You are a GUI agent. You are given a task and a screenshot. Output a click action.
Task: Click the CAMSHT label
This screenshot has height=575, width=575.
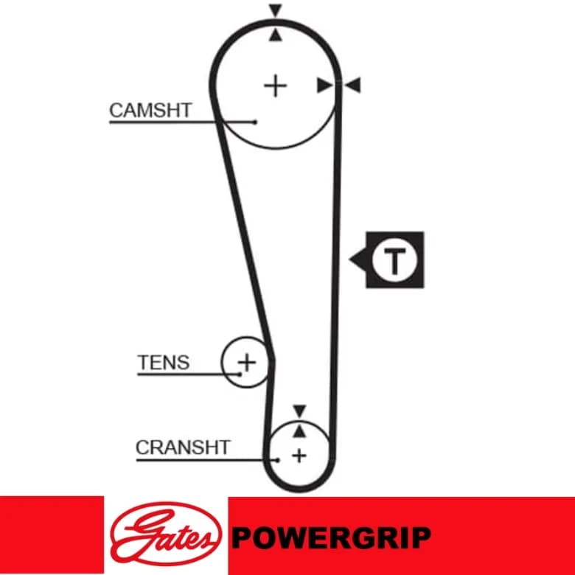(150, 110)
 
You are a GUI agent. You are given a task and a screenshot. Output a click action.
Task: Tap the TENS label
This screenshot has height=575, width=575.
(164, 363)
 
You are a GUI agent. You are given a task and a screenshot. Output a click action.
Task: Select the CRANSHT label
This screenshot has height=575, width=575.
(183, 447)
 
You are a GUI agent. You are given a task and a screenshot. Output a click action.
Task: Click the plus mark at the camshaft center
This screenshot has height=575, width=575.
(276, 86)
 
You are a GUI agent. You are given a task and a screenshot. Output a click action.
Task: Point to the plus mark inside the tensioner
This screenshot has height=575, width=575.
(247, 363)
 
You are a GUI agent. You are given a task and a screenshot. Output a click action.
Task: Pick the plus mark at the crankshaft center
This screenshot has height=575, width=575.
(299, 456)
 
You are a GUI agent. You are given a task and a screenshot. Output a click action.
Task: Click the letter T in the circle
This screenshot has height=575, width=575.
(394, 261)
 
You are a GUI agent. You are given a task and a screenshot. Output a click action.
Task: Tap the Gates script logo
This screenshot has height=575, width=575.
(166, 534)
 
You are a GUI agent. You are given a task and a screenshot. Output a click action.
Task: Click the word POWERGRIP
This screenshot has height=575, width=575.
(331, 537)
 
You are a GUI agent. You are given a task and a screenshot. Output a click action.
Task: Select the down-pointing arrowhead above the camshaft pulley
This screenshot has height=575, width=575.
(276, 10)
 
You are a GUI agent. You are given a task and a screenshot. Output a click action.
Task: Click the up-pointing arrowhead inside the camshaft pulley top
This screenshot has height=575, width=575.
(276, 35)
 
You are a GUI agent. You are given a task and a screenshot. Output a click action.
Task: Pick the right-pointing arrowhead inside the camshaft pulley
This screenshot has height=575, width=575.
(324, 85)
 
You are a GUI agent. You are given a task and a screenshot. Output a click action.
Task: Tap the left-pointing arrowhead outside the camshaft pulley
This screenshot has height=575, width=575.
(354, 85)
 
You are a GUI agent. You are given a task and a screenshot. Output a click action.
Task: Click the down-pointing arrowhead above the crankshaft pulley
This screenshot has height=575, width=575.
(299, 411)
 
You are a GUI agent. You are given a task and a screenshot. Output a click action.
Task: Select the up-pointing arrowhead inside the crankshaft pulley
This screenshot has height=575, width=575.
(299, 431)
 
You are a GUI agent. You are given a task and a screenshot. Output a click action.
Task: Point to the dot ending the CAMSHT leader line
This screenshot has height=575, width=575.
(255, 122)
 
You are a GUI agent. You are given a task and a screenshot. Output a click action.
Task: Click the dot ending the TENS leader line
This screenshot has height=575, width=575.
(240, 374)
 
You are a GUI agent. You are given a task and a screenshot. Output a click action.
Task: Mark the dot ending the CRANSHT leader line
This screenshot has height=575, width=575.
(279, 460)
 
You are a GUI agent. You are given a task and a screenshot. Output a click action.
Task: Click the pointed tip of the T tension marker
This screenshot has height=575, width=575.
(349, 259)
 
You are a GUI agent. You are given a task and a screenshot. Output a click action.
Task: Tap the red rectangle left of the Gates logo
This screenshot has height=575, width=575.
(52, 534)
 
